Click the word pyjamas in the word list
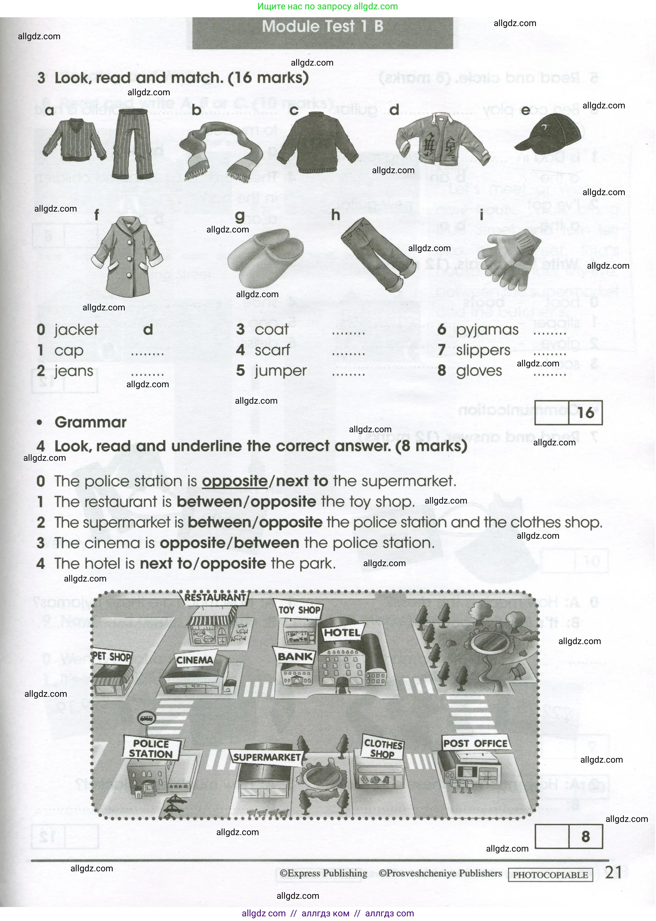click(x=487, y=330)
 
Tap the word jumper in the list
click(x=280, y=371)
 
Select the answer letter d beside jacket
click(x=148, y=330)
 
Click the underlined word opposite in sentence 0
click(x=235, y=481)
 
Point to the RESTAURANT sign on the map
click(x=215, y=597)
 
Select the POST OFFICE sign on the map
click(x=475, y=743)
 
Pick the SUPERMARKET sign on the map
click(x=267, y=757)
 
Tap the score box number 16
click(x=585, y=413)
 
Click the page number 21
click(x=613, y=872)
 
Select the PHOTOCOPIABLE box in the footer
click(x=550, y=875)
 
